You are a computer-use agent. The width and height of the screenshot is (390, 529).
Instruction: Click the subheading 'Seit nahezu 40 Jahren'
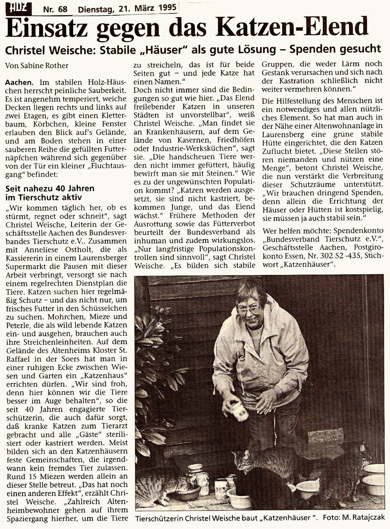point(50,189)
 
